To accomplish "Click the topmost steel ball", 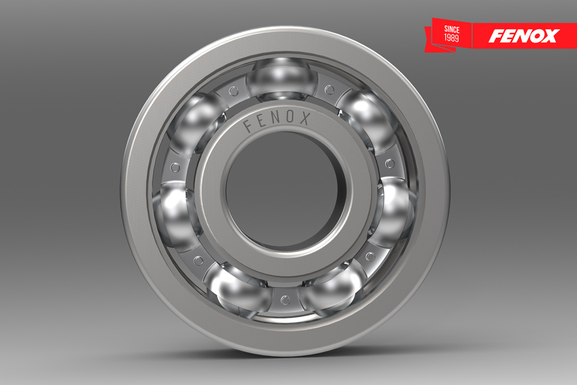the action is [x=282, y=79].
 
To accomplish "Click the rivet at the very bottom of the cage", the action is [x=285, y=300].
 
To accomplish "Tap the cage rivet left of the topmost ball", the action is [x=233, y=91].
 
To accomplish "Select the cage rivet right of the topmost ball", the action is [x=329, y=90].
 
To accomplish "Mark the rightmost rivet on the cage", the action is [x=390, y=163].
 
